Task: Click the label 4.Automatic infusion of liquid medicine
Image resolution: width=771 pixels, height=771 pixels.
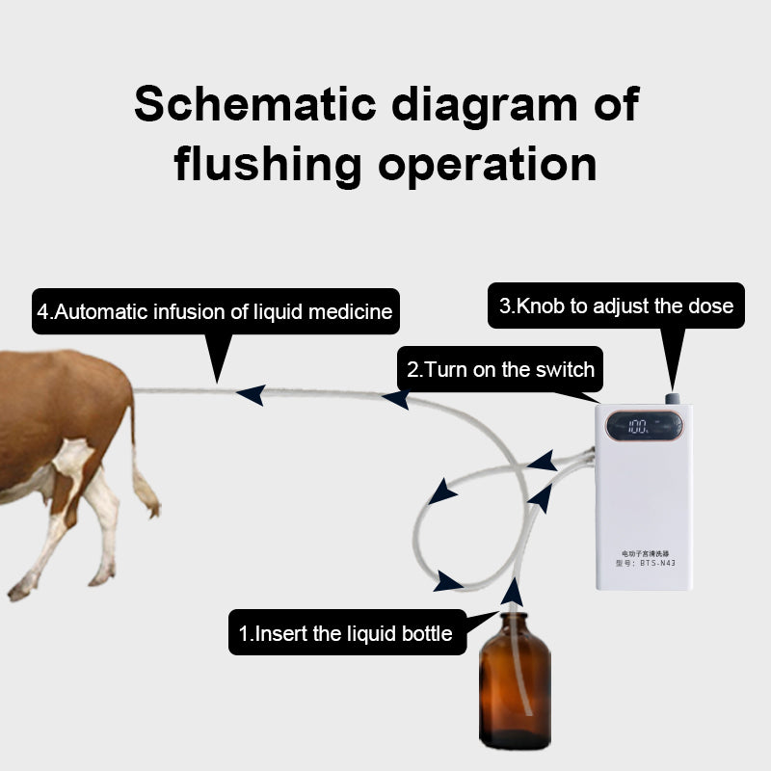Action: coord(215,312)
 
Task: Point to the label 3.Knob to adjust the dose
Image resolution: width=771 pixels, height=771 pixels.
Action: coord(616,306)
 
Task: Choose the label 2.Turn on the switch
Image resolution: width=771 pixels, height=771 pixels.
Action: coord(500,369)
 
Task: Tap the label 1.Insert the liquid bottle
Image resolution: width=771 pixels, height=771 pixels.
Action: coord(346,634)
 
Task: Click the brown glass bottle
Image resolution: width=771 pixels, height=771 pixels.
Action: coord(515,689)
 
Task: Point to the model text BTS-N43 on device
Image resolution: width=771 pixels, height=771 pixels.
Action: coord(645,566)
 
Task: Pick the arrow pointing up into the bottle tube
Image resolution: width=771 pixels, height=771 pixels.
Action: coord(514,592)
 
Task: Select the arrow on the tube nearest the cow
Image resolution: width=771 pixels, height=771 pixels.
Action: coord(251,394)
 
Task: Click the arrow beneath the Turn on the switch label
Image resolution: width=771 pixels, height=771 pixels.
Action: coord(395,398)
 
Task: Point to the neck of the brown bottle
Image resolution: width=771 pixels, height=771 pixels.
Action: coord(514,622)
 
